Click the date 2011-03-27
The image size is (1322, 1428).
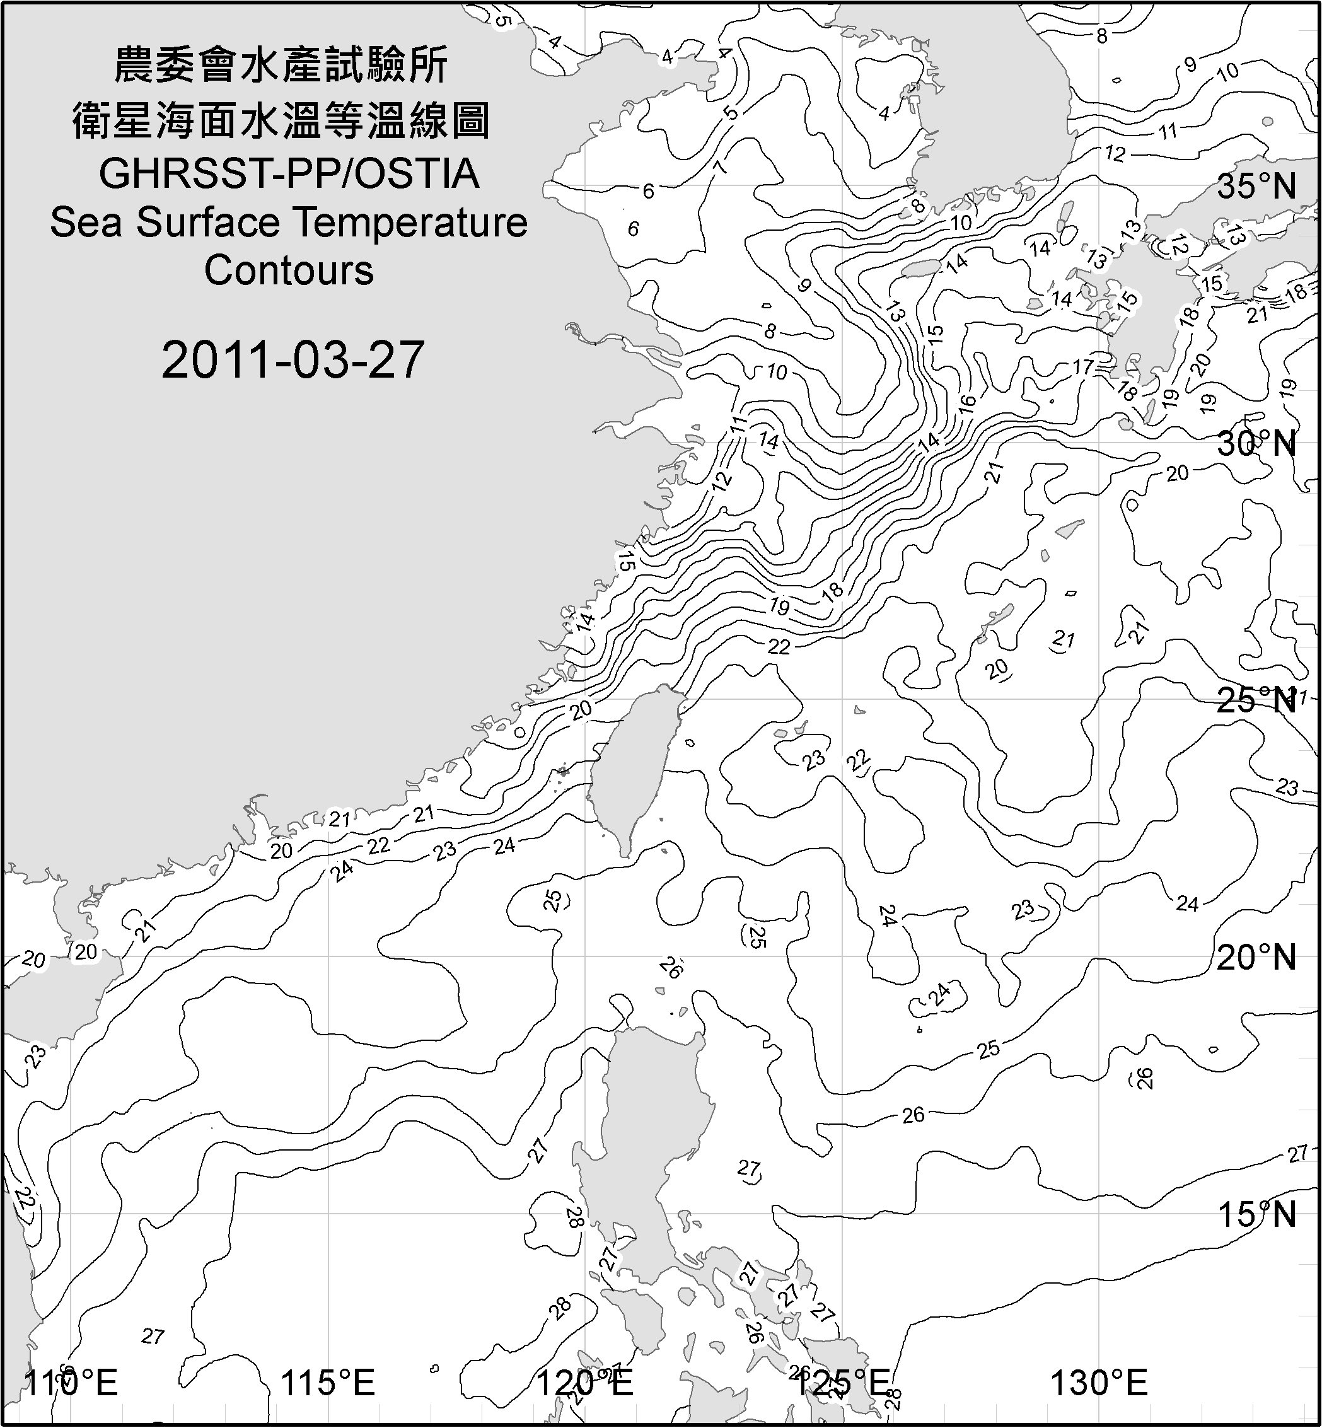[293, 360]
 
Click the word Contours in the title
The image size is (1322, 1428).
[289, 270]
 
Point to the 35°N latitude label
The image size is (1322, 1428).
[1257, 187]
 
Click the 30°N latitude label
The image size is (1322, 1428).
[1257, 444]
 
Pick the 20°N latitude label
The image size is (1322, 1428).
[1257, 957]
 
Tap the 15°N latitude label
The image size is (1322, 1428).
[1257, 1214]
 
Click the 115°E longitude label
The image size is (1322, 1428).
[328, 1384]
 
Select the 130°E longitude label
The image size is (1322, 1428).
[1099, 1384]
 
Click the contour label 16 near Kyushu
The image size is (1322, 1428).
[966, 402]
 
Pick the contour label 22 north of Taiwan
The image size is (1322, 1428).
[779, 647]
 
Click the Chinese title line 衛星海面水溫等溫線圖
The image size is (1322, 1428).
[281, 120]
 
